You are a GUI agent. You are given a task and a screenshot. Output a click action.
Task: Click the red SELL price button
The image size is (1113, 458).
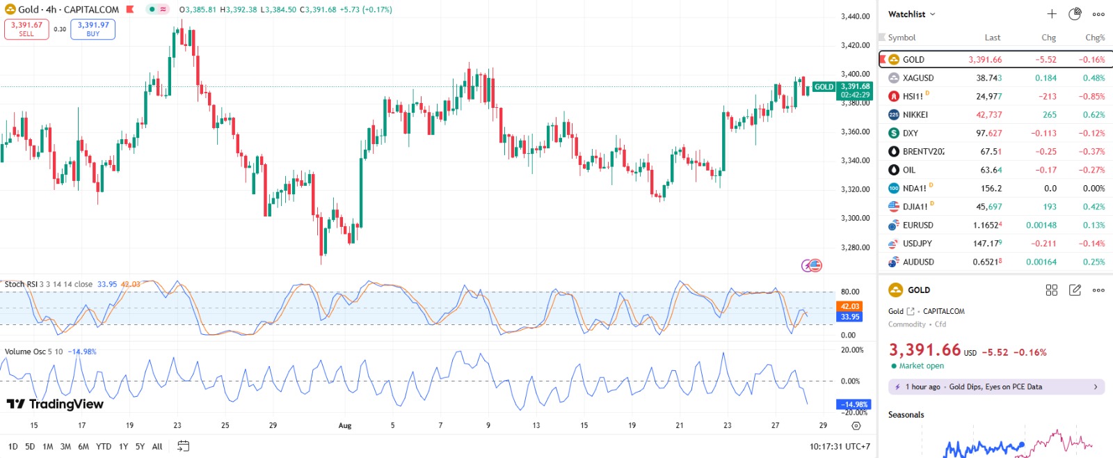[x=26, y=29]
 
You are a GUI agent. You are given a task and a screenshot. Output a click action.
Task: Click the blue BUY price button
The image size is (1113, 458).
[x=93, y=29]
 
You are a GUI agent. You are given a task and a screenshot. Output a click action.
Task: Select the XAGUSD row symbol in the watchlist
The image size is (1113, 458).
[x=918, y=78]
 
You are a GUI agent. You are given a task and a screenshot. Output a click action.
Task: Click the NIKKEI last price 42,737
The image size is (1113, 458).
[x=988, y=115]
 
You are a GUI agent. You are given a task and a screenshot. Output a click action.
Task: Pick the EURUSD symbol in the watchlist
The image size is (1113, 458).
[x=918, y=226]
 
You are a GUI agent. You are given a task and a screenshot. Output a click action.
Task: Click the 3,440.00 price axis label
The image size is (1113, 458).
[x=855, y=16]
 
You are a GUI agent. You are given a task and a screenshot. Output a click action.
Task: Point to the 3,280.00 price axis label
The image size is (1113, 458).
[x=855, y=247]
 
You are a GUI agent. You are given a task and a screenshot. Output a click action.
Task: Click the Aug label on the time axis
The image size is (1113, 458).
[x=345, y=425]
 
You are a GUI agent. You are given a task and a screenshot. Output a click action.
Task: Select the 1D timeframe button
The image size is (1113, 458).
[x=13, y=447]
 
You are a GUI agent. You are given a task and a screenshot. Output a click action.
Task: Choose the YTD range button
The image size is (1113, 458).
[x=104, y=447]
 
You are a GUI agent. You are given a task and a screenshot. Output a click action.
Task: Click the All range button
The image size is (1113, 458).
[x=157, y=447]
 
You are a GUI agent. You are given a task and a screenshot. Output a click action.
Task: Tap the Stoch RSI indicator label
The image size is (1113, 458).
[x=21, y=284]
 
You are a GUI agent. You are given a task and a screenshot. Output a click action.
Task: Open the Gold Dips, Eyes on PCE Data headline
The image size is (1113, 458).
[x=995, y=387]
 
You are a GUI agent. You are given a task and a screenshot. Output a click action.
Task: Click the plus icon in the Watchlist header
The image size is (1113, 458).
[x=1052, y=14]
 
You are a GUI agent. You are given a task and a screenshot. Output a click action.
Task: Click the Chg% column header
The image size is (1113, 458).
[x=1094, y=38]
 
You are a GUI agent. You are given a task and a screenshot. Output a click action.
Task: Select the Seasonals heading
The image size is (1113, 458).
[x=906, y=415]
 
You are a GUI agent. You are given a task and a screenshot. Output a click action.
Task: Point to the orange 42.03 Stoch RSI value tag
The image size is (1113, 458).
[x=850, y=306]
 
